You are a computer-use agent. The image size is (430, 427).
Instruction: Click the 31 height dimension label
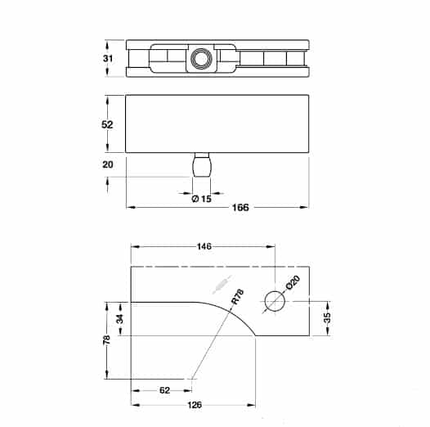(108, 58)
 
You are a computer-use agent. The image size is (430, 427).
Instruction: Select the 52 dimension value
(107, 125)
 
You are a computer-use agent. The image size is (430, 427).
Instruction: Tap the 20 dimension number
(108, 164)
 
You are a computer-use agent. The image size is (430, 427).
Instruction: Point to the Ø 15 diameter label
(202, 199)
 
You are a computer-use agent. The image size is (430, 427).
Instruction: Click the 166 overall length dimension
(240, 208)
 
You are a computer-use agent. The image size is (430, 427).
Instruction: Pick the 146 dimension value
(204, 246)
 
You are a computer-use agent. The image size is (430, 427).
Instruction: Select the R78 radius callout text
(238, 296)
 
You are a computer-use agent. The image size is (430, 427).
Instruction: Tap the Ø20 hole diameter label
(293, 282)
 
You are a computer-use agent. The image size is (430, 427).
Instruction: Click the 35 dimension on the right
(327, 317)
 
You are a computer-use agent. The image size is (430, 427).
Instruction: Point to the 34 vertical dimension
(120, 319)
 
